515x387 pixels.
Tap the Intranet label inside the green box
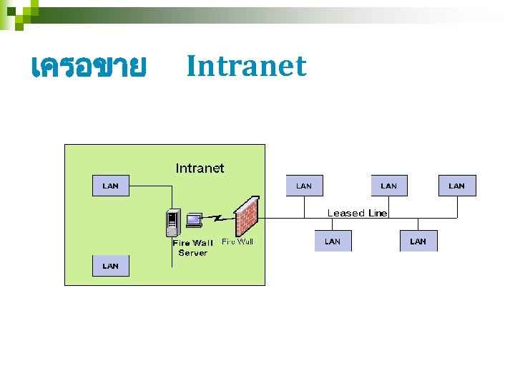[200, 168]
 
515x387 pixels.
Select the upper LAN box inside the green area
[111, 186]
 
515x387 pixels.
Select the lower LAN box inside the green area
[111, 266]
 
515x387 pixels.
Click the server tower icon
[172, 222]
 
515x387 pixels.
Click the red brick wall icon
[245, 216]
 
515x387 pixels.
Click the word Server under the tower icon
[192, 253]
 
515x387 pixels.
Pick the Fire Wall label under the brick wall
[237, 242]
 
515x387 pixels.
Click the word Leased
[346, 213]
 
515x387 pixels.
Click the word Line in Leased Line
[378, 213]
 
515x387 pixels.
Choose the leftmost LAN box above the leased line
[304, 186]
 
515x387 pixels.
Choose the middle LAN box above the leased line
[388, 186]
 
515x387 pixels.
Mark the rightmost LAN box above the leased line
[456, 186]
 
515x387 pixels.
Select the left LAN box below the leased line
[333, 242]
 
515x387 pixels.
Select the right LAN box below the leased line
[418, 242]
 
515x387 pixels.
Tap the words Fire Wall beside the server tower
[192, 244]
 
